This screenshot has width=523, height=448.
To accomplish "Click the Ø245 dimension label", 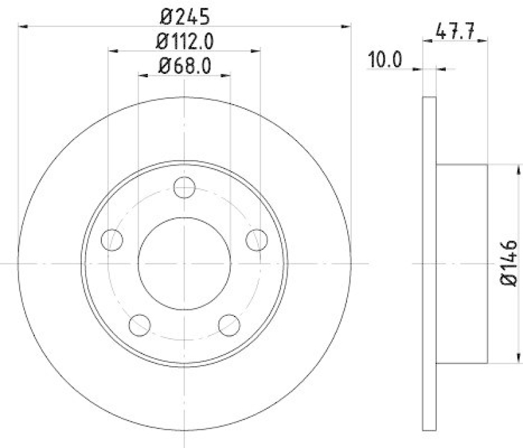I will (x=184, y=14).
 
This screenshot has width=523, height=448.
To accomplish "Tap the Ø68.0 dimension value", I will (x=184, y=66).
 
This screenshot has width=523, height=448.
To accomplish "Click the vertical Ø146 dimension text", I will (x=509, y=263).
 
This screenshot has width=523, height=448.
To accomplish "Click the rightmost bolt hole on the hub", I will (x=256, y=239).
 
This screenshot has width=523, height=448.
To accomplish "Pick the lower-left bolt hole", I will (x=140, y=323).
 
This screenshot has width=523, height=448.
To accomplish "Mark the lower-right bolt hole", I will (x=229, y=323).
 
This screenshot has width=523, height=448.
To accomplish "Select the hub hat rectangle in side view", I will (x=462, y=263).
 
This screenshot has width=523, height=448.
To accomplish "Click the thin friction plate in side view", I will (x=430, y=263).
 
